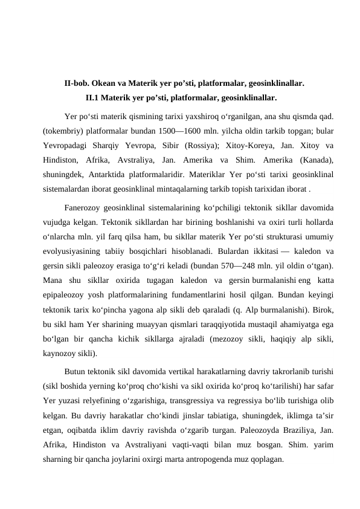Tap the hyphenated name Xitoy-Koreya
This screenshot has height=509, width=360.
pyautogui.click(x=277, y=145)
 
